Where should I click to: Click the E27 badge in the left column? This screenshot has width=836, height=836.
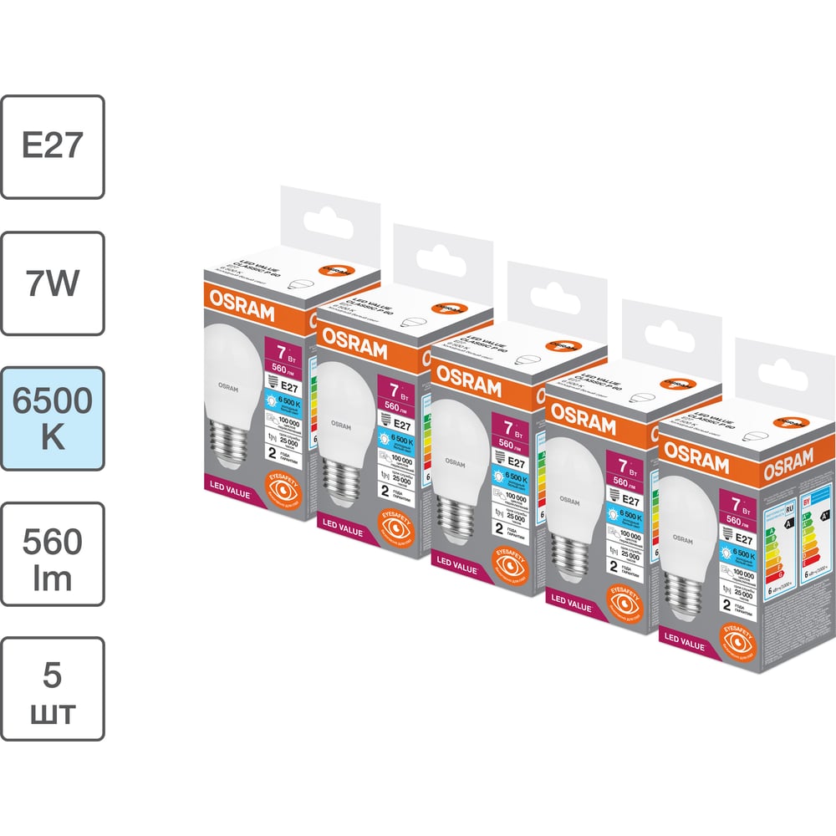pyautogui.click(x=53, y=146)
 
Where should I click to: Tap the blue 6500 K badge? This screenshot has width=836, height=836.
pyautogui.click(x=53, y=418)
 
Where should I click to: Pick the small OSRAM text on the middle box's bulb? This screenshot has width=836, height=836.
pyautogui.click(x=455, y=461)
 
